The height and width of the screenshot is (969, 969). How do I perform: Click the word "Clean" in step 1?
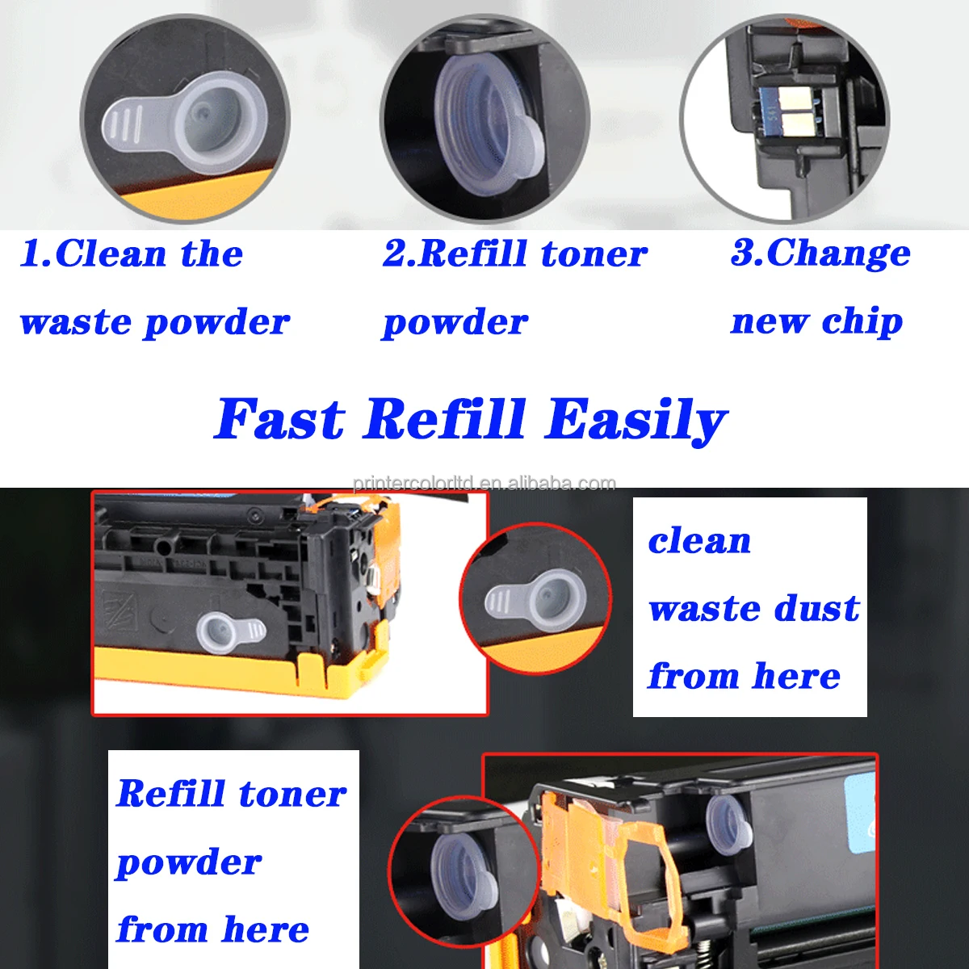(x=111, y=254)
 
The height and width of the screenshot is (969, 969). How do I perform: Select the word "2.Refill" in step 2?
(x=454, y=254)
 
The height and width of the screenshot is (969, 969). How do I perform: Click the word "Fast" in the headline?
(x=279, y=419)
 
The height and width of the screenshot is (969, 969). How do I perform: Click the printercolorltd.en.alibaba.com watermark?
(x=484, y=484)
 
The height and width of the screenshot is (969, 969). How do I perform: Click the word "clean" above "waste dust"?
(x=699, y=541)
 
